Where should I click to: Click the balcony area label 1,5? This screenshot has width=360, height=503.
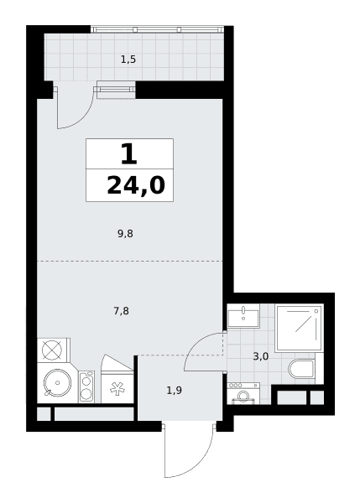coord(128,60)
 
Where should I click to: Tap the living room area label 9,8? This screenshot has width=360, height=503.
coord(125,234)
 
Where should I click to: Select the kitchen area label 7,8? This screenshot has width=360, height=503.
coord(122,311)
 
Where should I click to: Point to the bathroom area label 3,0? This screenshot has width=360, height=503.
coord(261,356)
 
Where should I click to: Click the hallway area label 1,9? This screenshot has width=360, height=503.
coord(175,391)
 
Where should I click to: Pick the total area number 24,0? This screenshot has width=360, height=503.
coord(136,186)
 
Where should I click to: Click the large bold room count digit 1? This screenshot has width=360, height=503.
coord(129,154)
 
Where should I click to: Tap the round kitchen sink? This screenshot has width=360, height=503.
coord(58,383)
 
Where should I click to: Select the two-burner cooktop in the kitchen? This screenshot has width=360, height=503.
coord(86,386)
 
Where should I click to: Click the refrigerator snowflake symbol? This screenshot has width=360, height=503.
coord(117,388)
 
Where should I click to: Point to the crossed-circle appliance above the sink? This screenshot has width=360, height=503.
coord(51,350)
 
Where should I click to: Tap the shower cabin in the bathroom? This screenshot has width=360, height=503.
coord(299,328)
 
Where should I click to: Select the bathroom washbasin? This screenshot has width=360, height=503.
coord(243,316)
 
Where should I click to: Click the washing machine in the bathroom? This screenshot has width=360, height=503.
coord(243,393)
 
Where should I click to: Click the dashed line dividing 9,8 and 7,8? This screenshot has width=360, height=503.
coord(130,262)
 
